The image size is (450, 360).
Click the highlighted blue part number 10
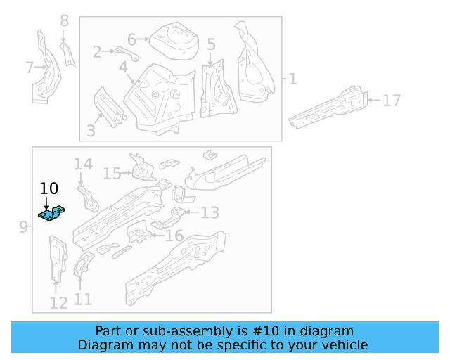click(x=51, y=213)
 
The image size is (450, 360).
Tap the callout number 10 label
click(x=49, y=188)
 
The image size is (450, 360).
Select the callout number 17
click(x=391, y=101)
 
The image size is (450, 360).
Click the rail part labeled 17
click(x=330, y=107)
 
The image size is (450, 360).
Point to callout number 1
click(x=292, y=79)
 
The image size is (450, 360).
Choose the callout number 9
click(x=22, y=227)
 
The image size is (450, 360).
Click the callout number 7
click(x=29, y=67)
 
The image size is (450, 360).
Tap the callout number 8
click(x=65, y=21)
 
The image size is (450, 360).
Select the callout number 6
click(x=131, y=39)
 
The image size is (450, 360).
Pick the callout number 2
click(x=97, y=51)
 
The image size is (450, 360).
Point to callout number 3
click(x=90, y=130)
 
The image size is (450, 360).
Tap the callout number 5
click(x=211, y=44)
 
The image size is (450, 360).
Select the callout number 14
click(x=83, y=165)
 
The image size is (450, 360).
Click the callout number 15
click(x=112, y=173)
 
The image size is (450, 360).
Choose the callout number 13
click(x=210, y=212)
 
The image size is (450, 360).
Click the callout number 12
click(x=58, y=303)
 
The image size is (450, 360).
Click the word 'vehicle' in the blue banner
click(x=343, y=345)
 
